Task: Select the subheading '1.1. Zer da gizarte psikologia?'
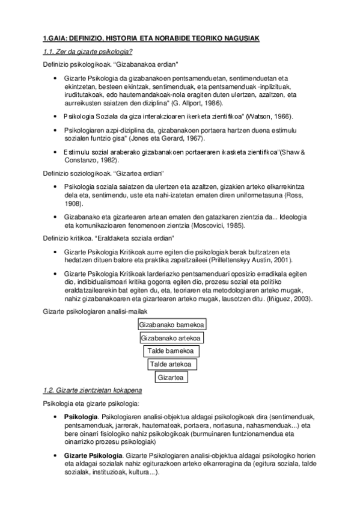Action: click(88, 52)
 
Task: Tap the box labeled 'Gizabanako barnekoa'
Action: click(171, 325)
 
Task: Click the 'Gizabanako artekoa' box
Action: click(171, 338)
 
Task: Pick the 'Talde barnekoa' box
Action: click(171, 351)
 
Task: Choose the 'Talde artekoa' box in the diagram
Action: click(171, 364)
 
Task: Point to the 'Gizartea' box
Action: click(171, 378)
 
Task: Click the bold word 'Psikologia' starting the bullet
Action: click(81, 416)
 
